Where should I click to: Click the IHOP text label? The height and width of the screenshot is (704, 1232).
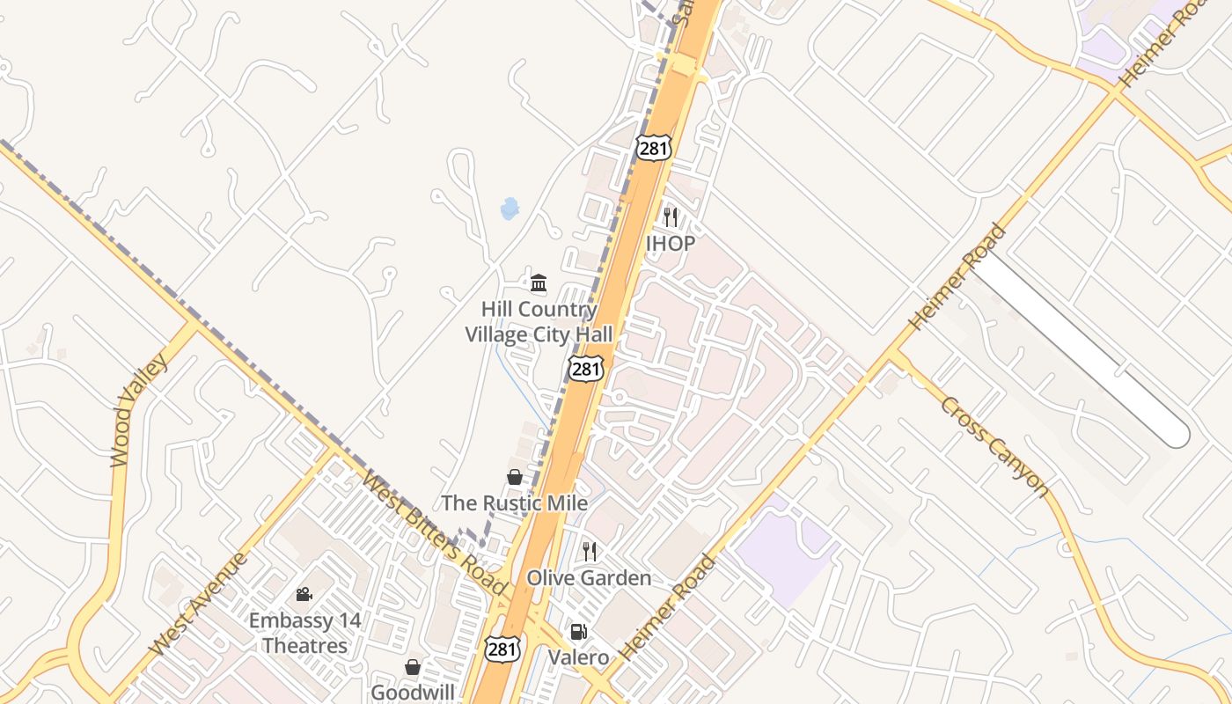pos(671,243)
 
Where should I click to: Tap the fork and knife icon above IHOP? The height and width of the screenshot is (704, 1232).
pos(671,216)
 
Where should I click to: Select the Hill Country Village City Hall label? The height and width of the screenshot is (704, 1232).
pos(539,322)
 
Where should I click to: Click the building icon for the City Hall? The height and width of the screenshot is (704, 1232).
pos(539,282)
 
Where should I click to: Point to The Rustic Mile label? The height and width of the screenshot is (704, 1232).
pos(514,503)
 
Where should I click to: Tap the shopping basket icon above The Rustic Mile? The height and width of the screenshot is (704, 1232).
pos(515,477)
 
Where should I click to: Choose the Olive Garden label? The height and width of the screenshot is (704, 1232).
pos(589,578)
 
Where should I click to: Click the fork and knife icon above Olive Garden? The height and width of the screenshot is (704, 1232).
pos(590,552)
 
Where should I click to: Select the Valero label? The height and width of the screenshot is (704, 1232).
pos(578,657)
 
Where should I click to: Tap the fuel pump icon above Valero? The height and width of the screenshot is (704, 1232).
pos(578,631)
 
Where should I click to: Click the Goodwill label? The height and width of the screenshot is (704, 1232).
pos(413,693)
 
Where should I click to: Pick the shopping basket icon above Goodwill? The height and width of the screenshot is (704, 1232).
pos(413,667)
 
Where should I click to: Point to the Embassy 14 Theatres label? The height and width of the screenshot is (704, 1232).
pos(304,633)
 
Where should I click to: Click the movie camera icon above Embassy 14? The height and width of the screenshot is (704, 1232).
pos(304,595)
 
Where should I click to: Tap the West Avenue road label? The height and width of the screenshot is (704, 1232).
pos(194,604)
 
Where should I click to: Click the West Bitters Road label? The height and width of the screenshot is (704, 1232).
pos(433,533)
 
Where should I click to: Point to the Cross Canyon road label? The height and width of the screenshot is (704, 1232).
pos(994,446)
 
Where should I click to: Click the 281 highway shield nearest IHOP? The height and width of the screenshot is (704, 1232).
pos(654,148)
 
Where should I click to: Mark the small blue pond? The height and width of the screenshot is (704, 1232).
pos(510,209)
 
